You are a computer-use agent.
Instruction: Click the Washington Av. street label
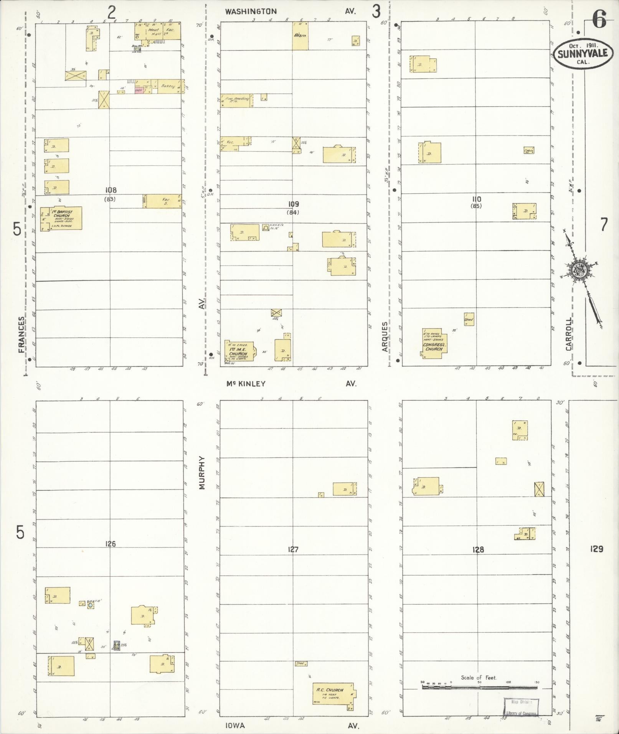290,12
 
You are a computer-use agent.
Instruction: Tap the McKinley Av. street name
290,383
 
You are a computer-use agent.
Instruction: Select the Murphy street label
202,473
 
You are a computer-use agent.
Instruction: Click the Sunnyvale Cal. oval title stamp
580,54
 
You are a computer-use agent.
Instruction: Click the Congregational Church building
434,343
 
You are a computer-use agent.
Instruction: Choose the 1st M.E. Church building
238,351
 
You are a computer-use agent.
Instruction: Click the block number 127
293,549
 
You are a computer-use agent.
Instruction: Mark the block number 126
110,544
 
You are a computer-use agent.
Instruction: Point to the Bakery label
168,86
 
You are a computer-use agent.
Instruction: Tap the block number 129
597,549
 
